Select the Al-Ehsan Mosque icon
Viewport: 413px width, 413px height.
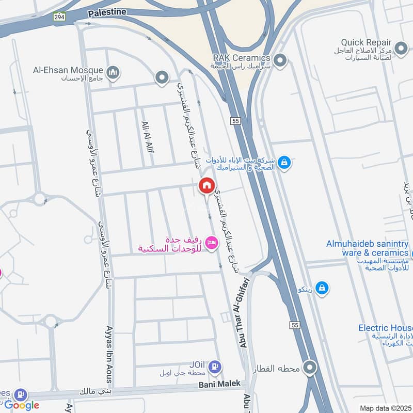(x=113, y=73)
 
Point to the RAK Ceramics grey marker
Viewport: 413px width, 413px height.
(x=280, y=61)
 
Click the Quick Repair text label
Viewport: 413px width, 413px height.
(x=366, y=42)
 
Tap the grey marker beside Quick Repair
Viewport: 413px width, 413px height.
(x=401, y=49)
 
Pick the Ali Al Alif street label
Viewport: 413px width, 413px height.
(x=147, y=137)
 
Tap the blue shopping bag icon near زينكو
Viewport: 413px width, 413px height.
(x=322, y=288)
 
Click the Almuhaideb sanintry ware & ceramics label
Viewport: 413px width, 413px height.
(x=367, y=248)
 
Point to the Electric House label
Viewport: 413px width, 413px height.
(x=386, y=328)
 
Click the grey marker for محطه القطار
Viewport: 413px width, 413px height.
(x=310, y=368)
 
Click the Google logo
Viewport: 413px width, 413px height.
(x=22, y=405)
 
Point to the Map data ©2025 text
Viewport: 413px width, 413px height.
(x=384, y=408)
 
